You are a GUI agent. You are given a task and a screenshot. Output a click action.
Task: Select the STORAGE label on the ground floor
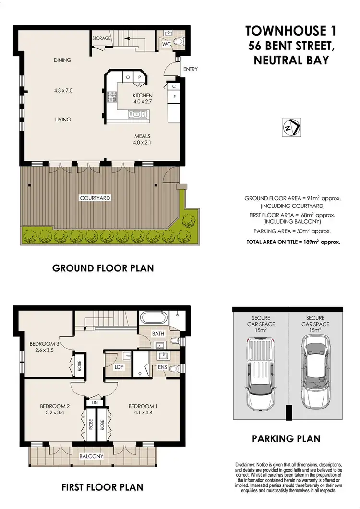click(101, 38)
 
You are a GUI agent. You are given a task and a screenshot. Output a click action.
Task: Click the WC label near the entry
click(167, 44)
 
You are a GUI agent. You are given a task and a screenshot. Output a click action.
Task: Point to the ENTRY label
click(190, 69)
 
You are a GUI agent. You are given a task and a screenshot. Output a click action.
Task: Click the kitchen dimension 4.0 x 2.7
click(143, 102)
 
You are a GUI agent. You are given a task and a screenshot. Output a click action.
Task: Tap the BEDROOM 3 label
click(44, 344)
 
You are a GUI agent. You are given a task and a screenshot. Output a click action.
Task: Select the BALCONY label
click(91, 456)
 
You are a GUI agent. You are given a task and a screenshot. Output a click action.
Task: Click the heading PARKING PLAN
click(286, 438)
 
